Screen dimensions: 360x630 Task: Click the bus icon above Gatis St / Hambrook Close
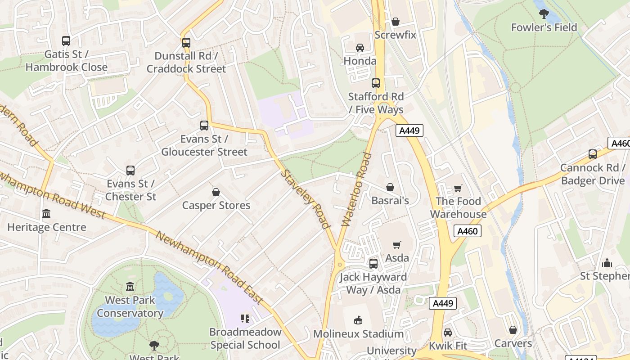pos(66,41)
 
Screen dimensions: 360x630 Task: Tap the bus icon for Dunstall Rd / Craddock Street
pos(186,43)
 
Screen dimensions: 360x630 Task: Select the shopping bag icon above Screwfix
pos(396,22)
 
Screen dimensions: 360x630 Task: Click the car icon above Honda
pos(360,48)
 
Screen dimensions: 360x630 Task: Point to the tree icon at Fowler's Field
pos(544,14)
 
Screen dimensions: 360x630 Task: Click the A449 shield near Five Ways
pos(409,131)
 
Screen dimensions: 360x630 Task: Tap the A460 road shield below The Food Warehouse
pos(468,231)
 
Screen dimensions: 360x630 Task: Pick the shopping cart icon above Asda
pos(397,245)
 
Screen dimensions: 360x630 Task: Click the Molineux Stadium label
pos(358,334)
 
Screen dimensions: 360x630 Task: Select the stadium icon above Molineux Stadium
pos(358,320)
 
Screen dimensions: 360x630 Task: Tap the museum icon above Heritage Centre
pos(46,214)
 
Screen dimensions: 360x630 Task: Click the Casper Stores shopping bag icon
pos(216,192)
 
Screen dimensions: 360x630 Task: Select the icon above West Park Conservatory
pos(130,287)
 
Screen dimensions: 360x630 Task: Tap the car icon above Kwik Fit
pos(448,333)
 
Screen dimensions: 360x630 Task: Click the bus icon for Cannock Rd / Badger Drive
pos(593,154)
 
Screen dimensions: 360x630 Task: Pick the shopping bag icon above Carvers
pos(513,330)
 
